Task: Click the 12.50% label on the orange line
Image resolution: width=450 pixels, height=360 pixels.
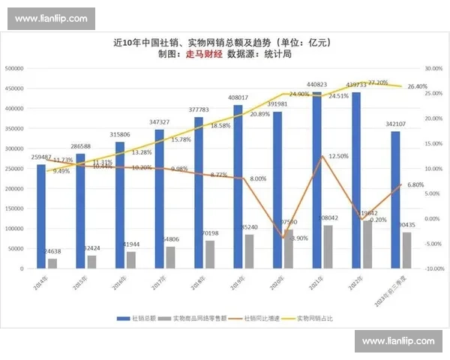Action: click(x=338, y=156)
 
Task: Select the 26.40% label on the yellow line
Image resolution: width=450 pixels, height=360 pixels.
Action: click(x=417, y=86)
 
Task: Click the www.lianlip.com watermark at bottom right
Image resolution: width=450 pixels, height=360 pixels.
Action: click(x=397, y=341)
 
